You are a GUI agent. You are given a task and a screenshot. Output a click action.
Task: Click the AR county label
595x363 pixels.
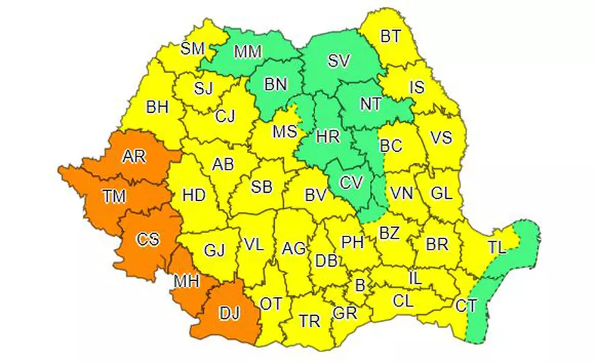[x=135, y=157]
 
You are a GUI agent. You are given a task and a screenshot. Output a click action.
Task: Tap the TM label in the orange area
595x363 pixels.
[x=115, y=198]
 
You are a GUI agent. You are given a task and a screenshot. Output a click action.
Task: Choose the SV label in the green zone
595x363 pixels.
[x=338, y=60]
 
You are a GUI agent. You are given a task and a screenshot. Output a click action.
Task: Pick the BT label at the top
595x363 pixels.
[x=391, y=36]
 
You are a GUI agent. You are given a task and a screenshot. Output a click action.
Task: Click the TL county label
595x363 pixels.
[x=497, y=248]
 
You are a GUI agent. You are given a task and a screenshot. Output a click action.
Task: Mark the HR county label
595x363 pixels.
[x=328, y=136]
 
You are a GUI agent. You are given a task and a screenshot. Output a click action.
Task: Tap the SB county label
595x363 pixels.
[x=261, y=187]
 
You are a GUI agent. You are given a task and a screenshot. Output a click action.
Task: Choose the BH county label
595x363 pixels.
[x=157, y=107]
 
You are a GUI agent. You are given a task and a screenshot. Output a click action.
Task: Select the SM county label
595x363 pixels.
[x=192, y=49]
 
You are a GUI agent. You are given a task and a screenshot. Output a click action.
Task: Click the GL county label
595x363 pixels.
[x=442, y=193]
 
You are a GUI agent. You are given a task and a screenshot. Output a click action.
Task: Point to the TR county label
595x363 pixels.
[x=311, y=319]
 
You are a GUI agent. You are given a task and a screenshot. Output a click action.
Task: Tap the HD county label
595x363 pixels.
[x=194, y=195]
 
